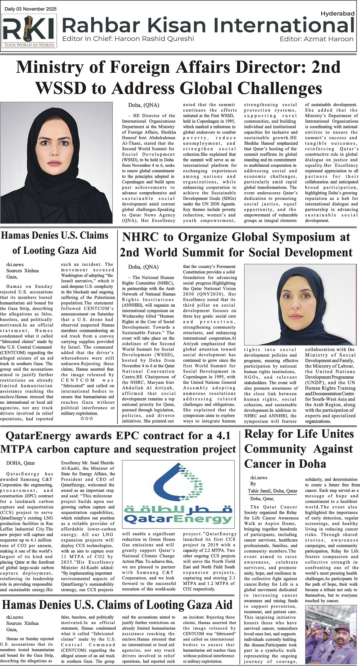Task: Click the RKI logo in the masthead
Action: tap(29, 31)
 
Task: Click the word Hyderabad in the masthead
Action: tap(337, 14)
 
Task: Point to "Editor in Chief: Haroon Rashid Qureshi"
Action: tap(128, 39)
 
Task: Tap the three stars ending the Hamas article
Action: tap(86, 419)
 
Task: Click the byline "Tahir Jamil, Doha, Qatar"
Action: tap(272, 491)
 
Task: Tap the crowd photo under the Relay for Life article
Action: tap(330, 635)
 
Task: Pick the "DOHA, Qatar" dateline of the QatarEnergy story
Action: tap(20, 463)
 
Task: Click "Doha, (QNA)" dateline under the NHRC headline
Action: tap(143, 267)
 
